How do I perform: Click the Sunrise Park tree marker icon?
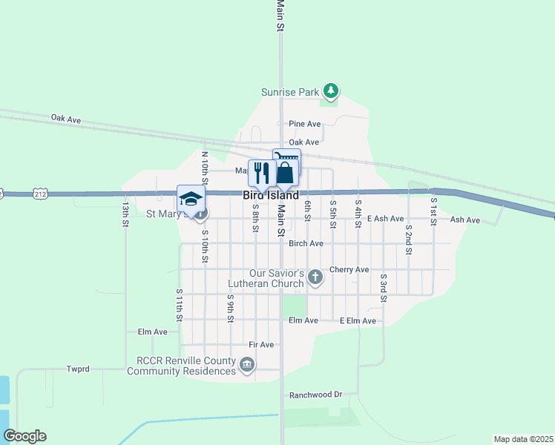point(331,92)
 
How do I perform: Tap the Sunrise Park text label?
point(290,93)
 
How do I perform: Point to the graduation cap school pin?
point(191,199)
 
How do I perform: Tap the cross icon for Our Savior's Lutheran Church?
point(315,277)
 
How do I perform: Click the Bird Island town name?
point(271,195)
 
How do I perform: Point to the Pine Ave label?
point(304,124)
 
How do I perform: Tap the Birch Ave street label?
point(306,243)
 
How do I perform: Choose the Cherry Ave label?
point(349,269)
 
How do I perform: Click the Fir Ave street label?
point(261,345)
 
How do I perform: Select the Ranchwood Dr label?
point(315,395)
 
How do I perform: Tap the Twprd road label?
point(78,369)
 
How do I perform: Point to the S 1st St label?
point(434,209)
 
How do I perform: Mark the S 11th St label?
point(180,306)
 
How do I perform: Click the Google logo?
point(24,436)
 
